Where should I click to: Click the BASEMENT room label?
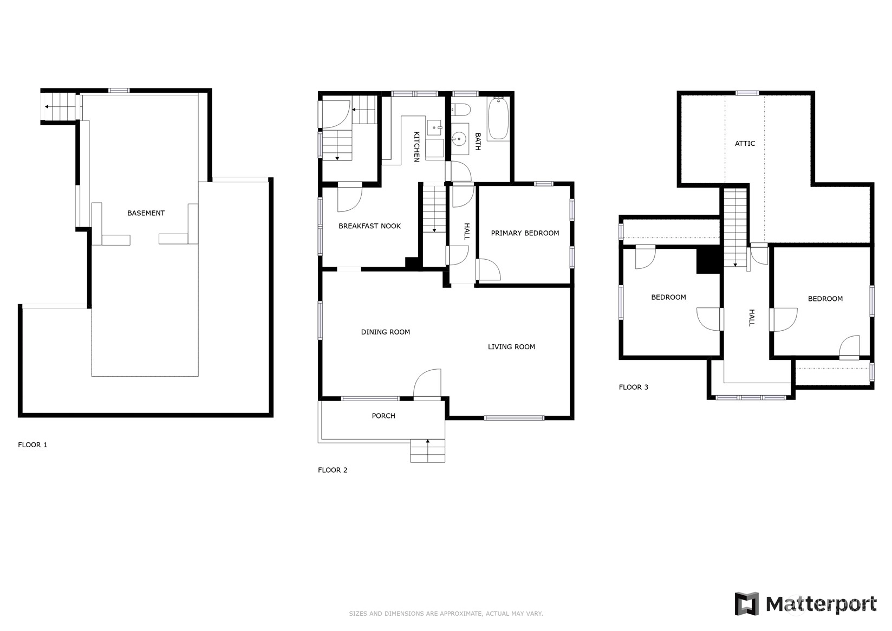(x=146, y=213)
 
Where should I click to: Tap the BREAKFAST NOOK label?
(x=369, y=226)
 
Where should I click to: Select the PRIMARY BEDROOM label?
(x=525, y=233)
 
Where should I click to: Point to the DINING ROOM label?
(x=386, y=332)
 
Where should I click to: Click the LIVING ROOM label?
(x=511, y=347)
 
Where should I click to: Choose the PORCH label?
(x=383, y=416)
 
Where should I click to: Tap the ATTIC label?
(x=745, y=144)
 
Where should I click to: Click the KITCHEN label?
(x=416, y=147)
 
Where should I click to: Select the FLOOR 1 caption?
(x=32, y=445)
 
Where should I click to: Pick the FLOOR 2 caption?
(x=333, y=470)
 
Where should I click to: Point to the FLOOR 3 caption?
(x=634, y=387)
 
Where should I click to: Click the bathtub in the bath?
(x=498, y=118)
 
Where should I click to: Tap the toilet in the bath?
(x=461, y=109)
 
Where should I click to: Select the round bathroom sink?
(x=459, y=139)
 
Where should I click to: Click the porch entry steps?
(x=428, y=450)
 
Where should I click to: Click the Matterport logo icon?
(x=746, y=603)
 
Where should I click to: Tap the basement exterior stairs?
(x=58, y=106)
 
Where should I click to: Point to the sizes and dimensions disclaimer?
(x=446, y=614)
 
